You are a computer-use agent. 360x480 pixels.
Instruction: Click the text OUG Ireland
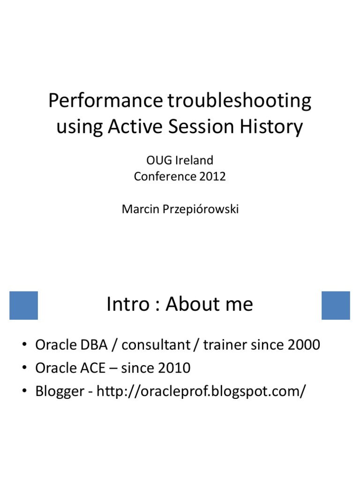point(180,160)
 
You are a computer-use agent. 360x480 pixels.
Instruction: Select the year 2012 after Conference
point(212,176)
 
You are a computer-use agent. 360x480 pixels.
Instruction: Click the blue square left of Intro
point(23,305)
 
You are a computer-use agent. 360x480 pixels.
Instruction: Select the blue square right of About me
point(336,305)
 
